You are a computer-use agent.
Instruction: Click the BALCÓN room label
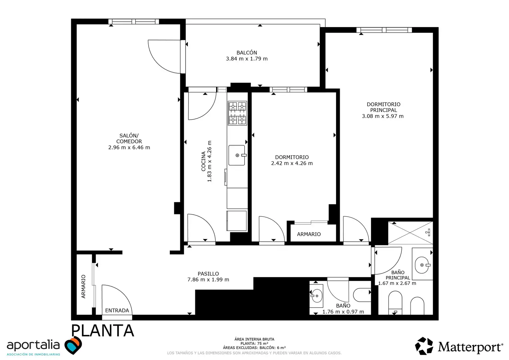point(247,53)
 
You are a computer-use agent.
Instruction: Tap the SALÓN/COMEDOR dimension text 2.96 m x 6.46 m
point(129,147)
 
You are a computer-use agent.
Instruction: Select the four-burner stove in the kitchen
point(238,113)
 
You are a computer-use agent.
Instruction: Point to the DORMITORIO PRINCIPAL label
point(383,107)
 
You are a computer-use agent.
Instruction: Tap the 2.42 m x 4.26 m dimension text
point(292,163)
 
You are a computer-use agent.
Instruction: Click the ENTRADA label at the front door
point(117,310)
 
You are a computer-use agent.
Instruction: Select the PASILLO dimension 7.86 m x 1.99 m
point(208,279)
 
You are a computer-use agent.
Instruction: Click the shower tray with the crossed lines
point(410,233)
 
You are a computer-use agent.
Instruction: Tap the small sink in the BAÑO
point(316,296)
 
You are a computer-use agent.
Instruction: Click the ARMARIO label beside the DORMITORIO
point(309,234)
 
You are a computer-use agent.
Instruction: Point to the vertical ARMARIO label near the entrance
point(83,286)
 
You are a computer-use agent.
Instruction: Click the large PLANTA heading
point(103,330)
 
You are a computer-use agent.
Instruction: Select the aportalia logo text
point(33,345)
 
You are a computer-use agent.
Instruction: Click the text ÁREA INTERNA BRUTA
point(254,339)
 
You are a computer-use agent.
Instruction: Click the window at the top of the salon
point(134,22)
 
